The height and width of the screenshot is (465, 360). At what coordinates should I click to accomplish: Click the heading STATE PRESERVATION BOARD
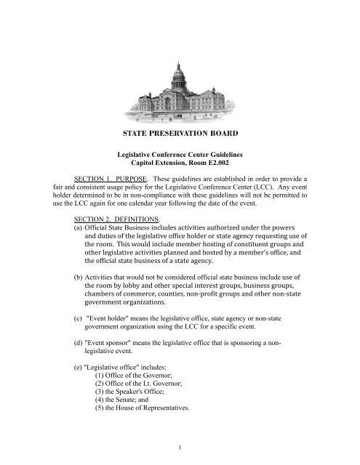point(180,134)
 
